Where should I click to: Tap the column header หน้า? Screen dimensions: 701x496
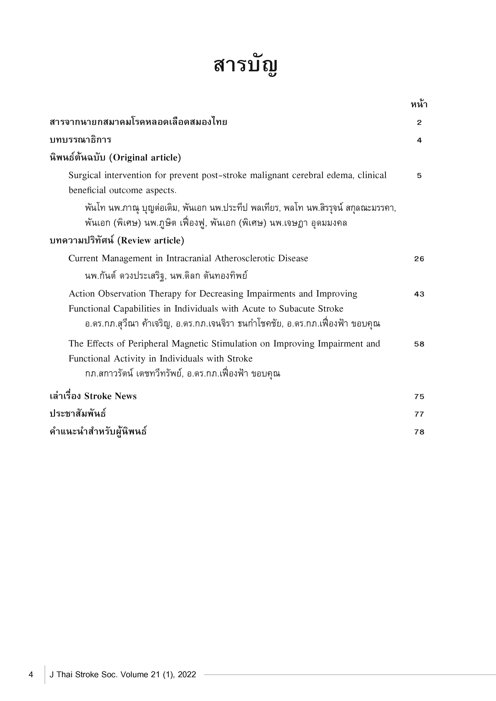[419, 105]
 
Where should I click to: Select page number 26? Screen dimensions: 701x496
[419, 259]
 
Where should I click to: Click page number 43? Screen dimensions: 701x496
[419, 294]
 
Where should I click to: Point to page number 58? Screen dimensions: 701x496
[419, 344]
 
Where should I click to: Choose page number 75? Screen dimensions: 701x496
[419, 397]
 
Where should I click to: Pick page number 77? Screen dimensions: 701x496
[419, 414]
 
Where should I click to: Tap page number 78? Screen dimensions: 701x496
[419, 432]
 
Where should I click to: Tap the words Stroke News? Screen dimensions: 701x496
[110, 396]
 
